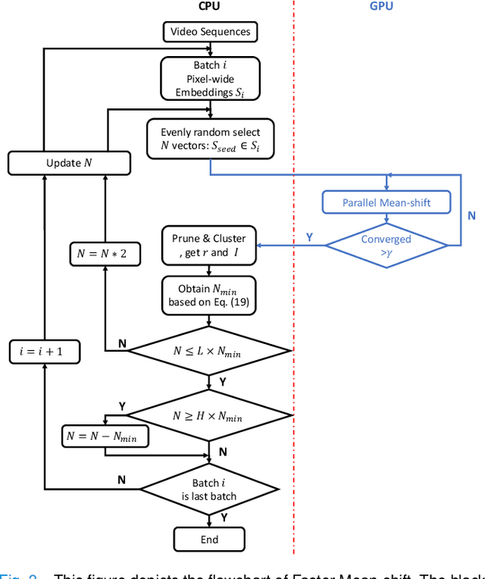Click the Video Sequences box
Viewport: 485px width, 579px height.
210,32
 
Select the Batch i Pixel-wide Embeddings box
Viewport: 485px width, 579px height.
210,79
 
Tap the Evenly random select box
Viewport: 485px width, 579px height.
210,139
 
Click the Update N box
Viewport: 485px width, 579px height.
69,163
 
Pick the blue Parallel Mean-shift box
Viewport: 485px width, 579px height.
386,202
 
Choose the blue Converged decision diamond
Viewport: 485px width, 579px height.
386,244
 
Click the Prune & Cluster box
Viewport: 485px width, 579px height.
210,245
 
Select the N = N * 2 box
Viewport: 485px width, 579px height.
104,254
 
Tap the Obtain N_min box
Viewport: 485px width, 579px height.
210,295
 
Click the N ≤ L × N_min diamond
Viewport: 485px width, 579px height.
210,350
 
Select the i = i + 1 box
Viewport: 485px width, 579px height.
45,352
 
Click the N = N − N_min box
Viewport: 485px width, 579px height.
105,436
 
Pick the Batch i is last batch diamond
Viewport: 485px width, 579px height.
210,490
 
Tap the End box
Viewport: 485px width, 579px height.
210,540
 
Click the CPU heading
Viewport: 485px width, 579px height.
209,6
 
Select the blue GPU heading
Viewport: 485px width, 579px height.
380,6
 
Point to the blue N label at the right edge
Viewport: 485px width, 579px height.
471,215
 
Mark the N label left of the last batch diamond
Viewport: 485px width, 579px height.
121,480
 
